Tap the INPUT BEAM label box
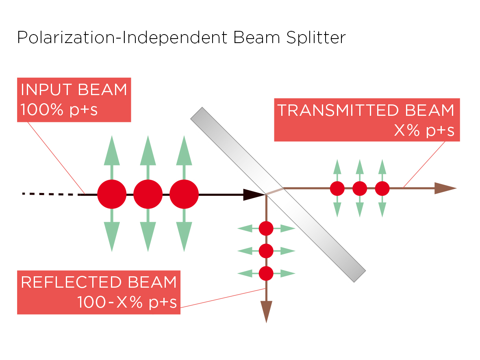74,100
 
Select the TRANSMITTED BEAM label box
367,120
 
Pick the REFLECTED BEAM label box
99,292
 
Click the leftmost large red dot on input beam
112,194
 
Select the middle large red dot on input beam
148,194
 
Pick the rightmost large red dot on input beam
184,194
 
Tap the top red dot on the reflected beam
266,228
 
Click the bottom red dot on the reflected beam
266,273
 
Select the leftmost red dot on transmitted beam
337,188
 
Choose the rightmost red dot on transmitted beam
382,188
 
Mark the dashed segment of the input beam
51,194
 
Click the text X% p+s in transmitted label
424,131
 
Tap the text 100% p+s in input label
59,110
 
